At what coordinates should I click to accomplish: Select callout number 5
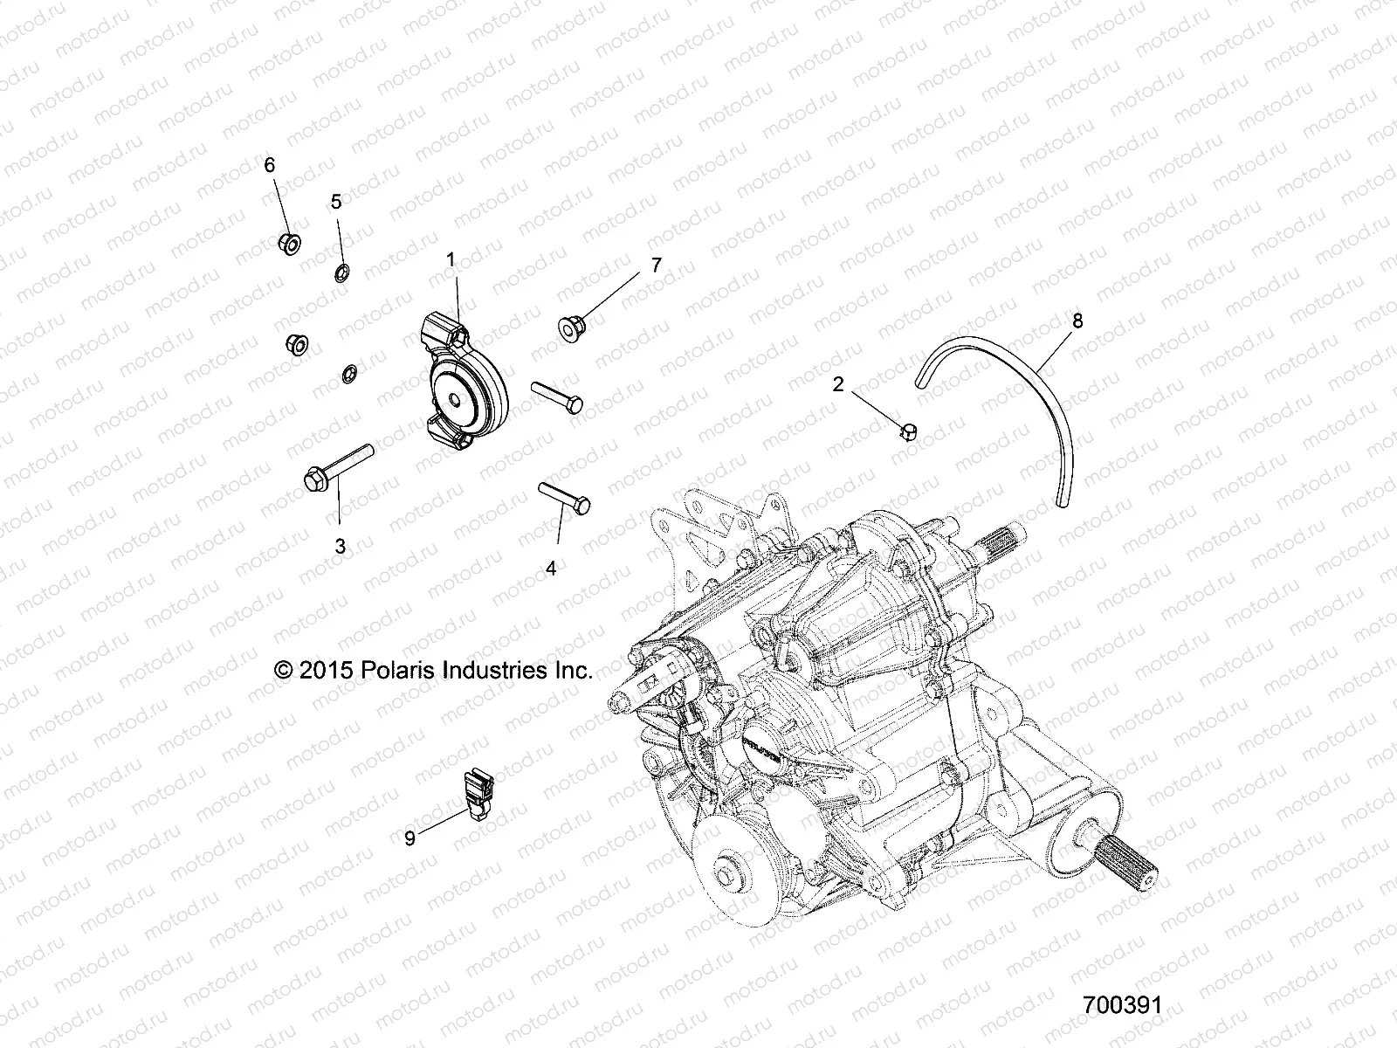tap(336, 202)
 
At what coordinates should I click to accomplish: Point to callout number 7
tap(656, 265)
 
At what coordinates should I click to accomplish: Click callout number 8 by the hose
tap(1077, 321)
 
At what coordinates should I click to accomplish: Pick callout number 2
tap(838, 384)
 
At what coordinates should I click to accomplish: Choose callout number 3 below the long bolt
tap(341, 547)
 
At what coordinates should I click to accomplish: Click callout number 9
tap(409, 839)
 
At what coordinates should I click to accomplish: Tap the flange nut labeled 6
tap(290, 244)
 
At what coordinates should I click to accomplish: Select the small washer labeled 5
tap(342, 272)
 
